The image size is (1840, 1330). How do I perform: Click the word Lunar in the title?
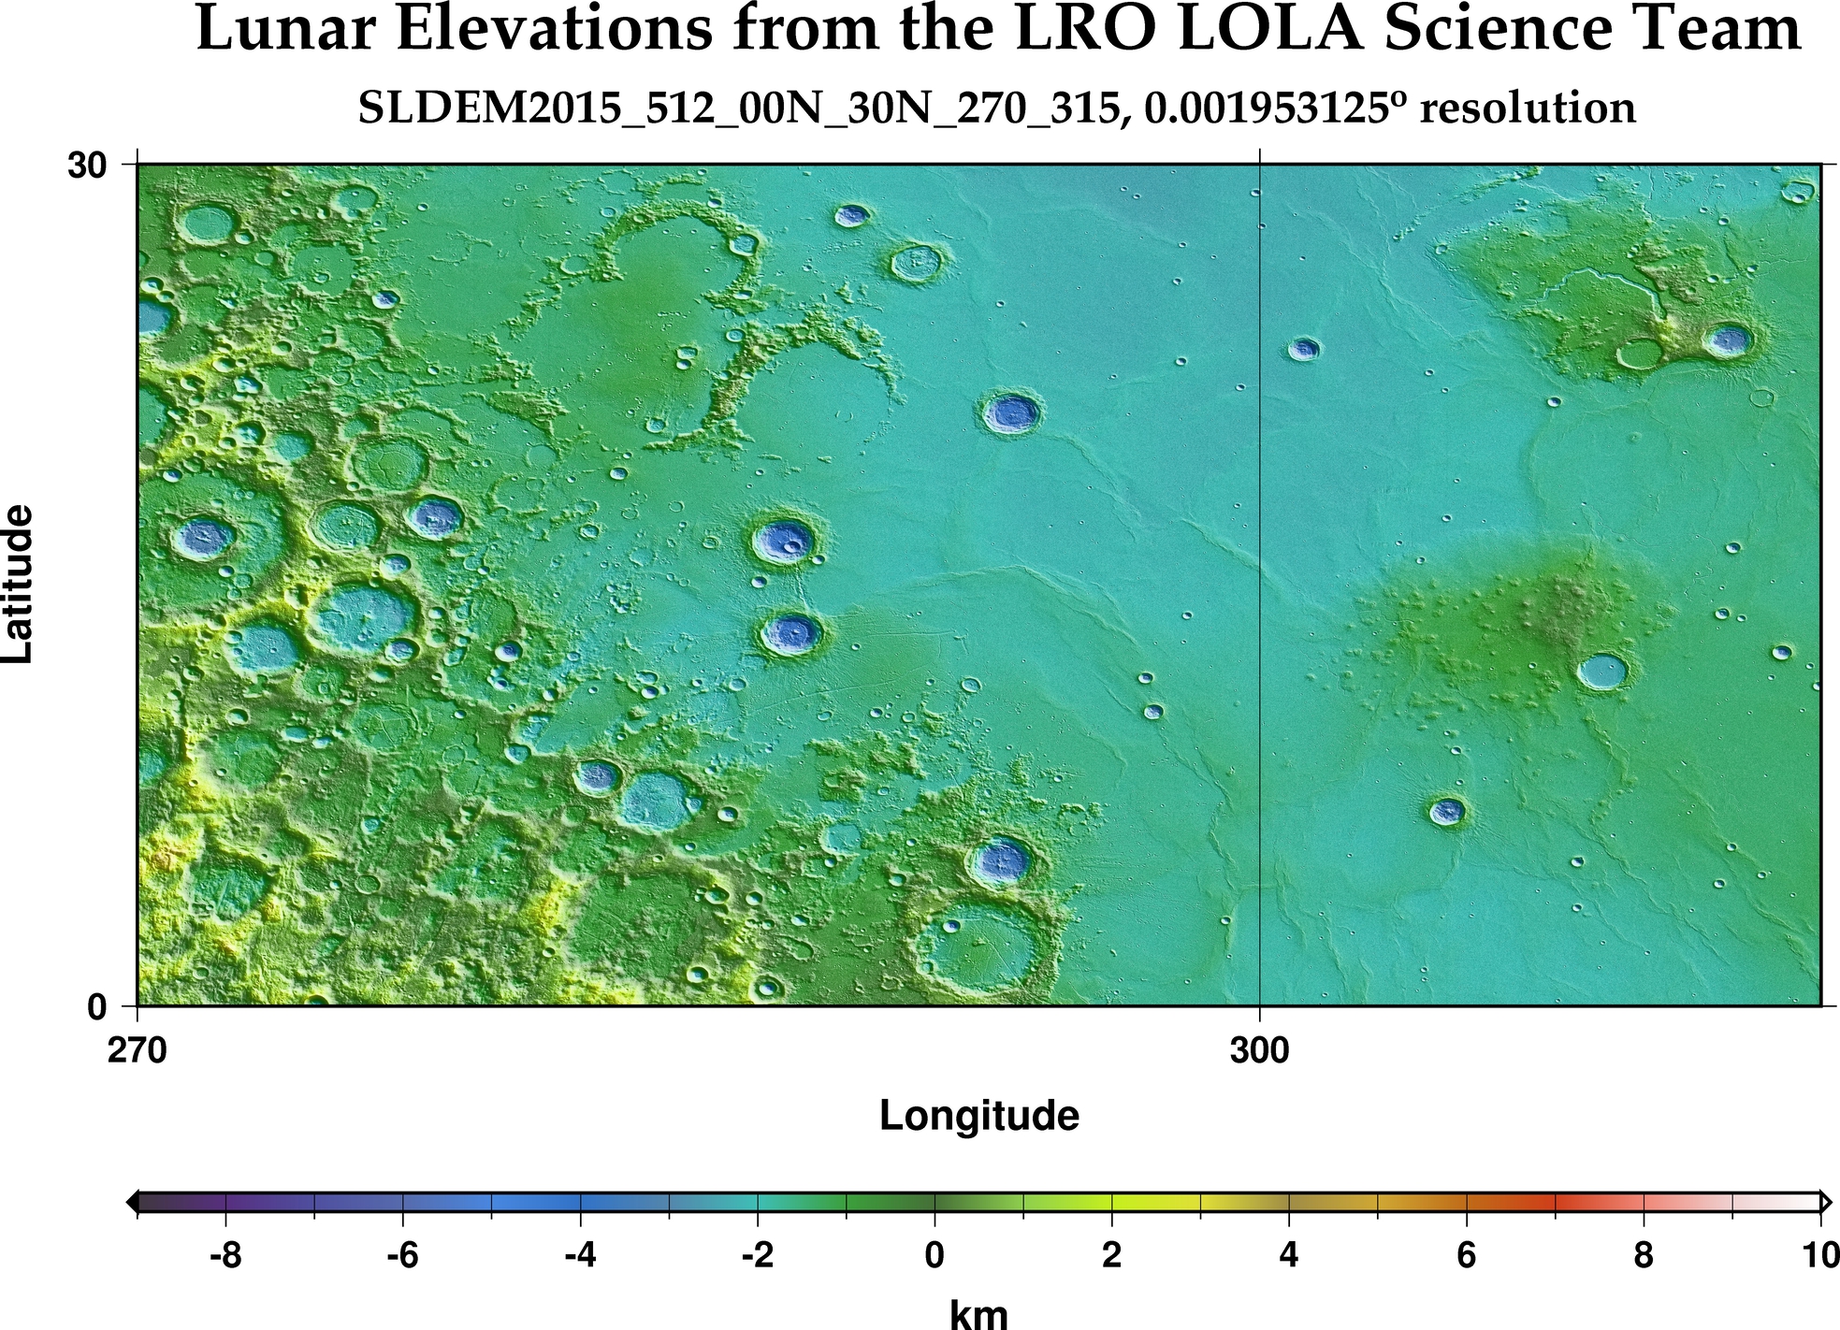(286, 30)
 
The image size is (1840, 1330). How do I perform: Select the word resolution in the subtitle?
(1528, 108)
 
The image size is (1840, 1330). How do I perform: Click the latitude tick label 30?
(86, 166)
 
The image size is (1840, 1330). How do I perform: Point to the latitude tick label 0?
(97, 1007)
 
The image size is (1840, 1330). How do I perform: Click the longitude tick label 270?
(138, 1051)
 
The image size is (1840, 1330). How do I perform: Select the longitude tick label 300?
(1259, 1051)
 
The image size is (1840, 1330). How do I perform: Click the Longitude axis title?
(978, 1116)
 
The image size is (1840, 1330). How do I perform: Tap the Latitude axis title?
(19, 585)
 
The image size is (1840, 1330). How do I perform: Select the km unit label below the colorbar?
(978, 1314)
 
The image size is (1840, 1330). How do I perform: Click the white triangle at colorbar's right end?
(1825, 1201)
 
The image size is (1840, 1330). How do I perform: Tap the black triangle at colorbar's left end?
(132, 1201)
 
